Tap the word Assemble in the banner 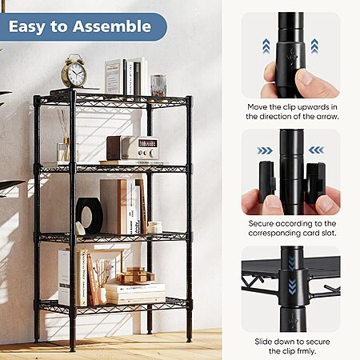(x=112, y=26)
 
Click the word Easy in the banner (x=27, y=27)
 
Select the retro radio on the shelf (x=133, y=148)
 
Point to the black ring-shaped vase (x=90, y=216)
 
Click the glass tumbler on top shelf (x=158, y=86)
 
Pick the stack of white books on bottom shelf (x=136, y=294)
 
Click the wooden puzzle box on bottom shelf (x=135, y=275)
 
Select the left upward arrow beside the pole (x=266, y=46)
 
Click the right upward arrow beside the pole (x=314, y=46)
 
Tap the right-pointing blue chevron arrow (x=265, y=151)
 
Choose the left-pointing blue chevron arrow (x=317, y=150)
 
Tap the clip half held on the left (x=267, y=182)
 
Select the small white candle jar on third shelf (x=154, y=227)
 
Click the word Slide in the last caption (x=263, y=342)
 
